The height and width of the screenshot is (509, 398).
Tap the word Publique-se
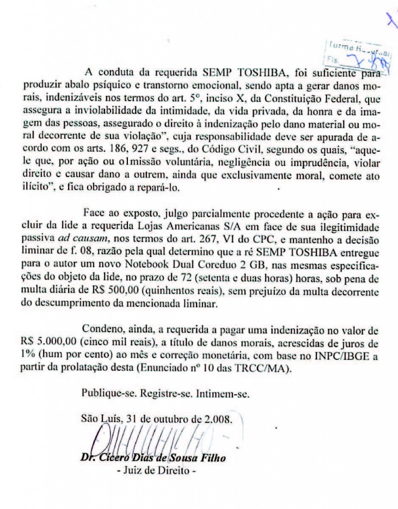(110, 394)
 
